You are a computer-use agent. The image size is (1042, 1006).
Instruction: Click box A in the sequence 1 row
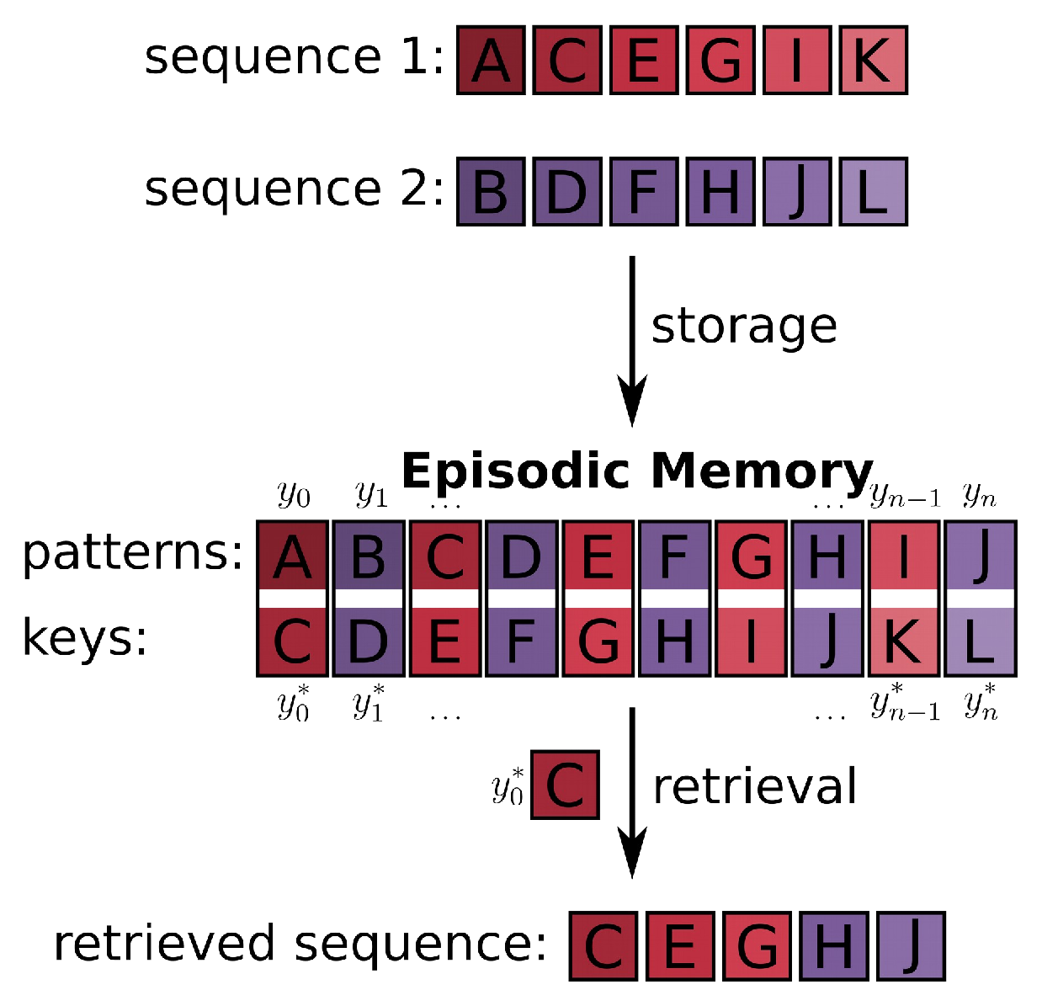[492, 60]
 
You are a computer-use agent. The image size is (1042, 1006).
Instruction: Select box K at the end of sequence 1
[873, 60]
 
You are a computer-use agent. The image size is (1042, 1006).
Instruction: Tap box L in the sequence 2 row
[873, 191]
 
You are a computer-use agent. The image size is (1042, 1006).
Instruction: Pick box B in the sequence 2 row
[492, 191]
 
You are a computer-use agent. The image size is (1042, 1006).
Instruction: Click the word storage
[744, 326]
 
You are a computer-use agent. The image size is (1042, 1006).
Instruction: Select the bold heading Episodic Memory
[637, 470]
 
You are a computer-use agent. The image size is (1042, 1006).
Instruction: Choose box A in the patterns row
[292, 556]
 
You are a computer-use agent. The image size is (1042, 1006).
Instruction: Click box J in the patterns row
[981, 556]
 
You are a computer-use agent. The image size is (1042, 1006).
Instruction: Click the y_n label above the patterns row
[980, 494]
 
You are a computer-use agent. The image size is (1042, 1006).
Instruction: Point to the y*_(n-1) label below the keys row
[905, 704]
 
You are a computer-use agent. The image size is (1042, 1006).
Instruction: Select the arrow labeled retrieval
[632, 791]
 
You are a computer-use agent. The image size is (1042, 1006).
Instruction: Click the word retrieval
[755, 786]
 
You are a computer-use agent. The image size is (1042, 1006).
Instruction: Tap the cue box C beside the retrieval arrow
[566, 785]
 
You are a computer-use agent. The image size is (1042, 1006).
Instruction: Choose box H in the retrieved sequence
[833, 946]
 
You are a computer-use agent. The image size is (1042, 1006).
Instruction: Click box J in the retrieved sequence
[911, 946]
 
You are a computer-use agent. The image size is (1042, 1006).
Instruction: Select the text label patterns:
[133, 553]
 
